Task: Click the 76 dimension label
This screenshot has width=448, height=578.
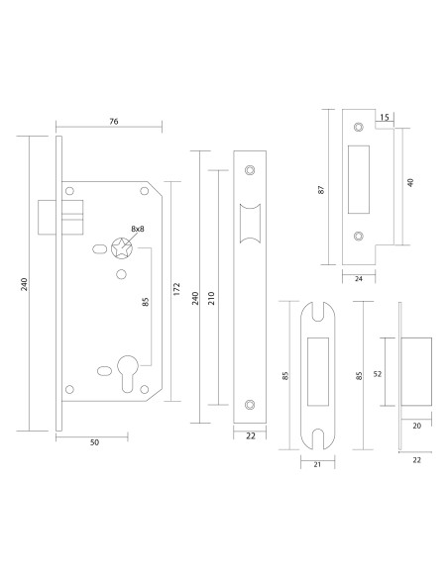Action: (114, 121)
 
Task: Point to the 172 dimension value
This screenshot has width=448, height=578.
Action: (176, 289)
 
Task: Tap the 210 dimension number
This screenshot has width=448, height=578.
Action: (211, 298)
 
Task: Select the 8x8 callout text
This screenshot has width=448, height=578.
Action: (138, 229)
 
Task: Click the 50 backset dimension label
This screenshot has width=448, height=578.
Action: (94, 442)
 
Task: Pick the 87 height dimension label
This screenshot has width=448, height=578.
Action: (321, 190)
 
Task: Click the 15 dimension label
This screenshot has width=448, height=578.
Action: (385, 117)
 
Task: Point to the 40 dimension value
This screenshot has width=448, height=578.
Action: (410, 182)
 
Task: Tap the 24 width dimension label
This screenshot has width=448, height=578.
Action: (359, 279)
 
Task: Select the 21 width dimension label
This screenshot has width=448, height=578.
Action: (317, 465)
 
